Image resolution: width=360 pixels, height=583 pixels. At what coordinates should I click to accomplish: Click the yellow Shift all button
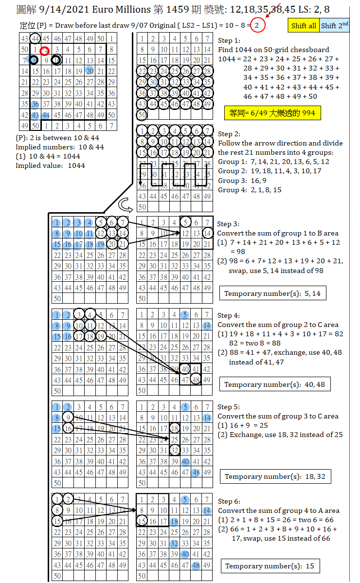(x=304, y=26)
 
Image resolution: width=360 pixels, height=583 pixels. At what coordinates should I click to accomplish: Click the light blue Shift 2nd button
(x=335, y=26)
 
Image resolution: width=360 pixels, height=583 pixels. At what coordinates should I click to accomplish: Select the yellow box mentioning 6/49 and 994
(x=272, y=113)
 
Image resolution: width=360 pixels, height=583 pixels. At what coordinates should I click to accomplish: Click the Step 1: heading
(x=229, y=40)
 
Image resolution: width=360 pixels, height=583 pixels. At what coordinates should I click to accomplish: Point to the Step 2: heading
(x=229, y=134)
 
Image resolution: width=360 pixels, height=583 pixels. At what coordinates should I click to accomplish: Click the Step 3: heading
(x=228, y=224)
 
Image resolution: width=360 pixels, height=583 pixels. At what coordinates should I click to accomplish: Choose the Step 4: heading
(x=229, y=315)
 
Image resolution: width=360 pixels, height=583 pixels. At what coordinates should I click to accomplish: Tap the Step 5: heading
(x=229, y=407)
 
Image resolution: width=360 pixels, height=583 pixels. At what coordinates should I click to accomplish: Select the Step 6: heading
(x=229, y=501)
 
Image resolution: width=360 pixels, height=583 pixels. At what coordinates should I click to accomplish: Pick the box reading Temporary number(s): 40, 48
(x=275, y=384)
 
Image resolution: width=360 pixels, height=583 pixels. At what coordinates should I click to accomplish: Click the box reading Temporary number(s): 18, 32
(x=275, y=476)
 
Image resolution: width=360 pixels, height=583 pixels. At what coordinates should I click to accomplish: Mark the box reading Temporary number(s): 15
(x=269, y=566)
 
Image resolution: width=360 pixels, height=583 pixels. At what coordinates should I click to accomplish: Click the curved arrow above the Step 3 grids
(x=126, y=203)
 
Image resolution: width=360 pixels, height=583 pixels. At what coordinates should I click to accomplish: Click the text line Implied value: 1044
(x=50, y=165)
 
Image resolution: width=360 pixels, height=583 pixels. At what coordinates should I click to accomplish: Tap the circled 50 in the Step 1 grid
(x=142, y=115)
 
